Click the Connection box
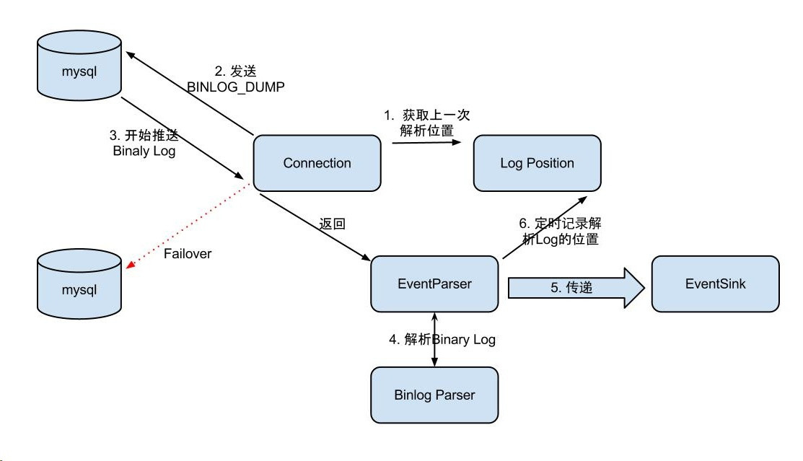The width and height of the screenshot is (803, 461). (317, 163)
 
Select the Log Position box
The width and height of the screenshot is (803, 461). (537, 163)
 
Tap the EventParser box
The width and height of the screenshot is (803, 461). (434, 284)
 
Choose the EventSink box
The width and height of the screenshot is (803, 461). (715, 284)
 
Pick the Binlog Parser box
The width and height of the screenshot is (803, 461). (434, 395)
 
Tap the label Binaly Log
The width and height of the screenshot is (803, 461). (144, 152)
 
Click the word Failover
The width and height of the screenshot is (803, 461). (188, 254)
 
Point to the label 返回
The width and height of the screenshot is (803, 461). (333, 224)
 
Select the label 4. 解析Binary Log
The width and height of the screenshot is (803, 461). (442, 340)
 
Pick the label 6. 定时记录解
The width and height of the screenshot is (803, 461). (560, 224)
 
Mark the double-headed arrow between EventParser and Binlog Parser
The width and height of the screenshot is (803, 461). (434, 340)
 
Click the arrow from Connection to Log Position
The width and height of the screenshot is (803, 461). (426, 143)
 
